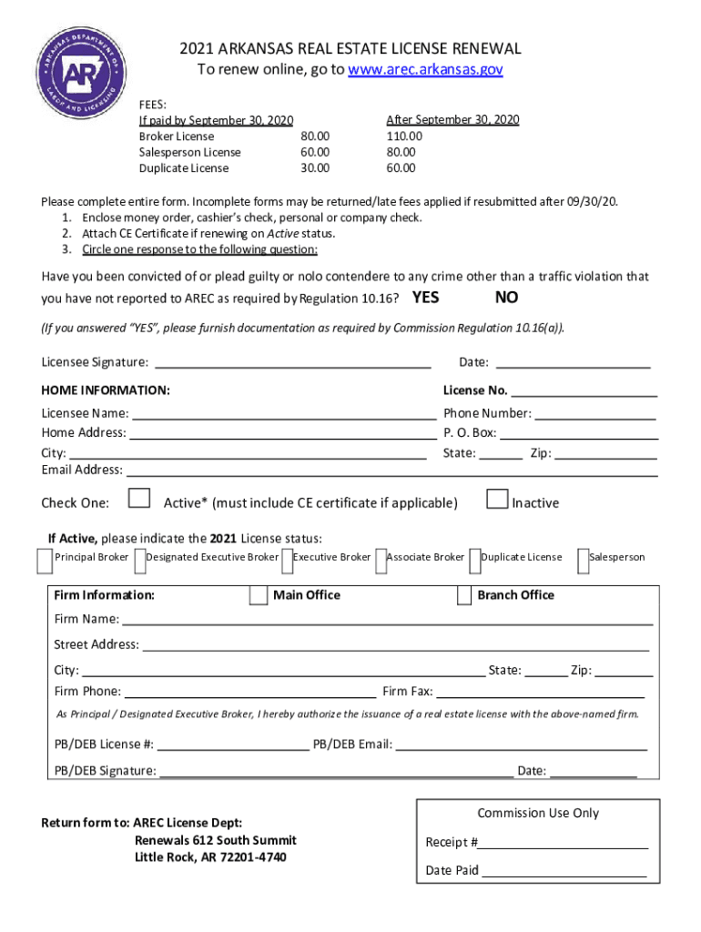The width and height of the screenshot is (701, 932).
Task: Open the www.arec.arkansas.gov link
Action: pyautogui.click(x=425, y=70)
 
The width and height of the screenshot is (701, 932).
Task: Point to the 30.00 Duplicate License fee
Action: pyautogui.click(x=315, y=168)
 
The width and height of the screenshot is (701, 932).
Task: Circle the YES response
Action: pyautogui.click(x=425, y=298)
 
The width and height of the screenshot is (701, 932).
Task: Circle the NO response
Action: pyautogui.click(x=507, y=298)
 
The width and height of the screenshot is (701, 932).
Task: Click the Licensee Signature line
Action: pyautogui.click(x=293, y=363)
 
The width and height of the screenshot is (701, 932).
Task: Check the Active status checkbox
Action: pyautogui.click(x=139, y=499)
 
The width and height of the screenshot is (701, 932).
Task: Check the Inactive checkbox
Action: pyautogui.click(x=497, y=499)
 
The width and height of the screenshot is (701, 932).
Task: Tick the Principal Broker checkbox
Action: pyautogui.click(x=45, y=562)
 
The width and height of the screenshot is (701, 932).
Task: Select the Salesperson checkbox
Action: pyautogui.click(x=583, y=562)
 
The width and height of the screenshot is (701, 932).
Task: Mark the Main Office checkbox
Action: pyautogui.click(x=258, y=595)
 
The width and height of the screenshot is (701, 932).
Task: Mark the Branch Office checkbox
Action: pyautogui.click(x=463, y=595)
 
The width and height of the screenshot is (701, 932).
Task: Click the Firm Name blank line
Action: pyautogui.click(x=387, y=621)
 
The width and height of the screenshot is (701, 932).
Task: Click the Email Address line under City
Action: pyautogui.click(x=391, y=471)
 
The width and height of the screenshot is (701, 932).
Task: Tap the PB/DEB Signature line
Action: pyautogui.click(x=335, y=773)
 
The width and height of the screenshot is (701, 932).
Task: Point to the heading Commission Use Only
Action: pyautogui.click(x=538, y=813)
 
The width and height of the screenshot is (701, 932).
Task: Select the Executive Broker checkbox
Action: pyautogui.click(x=288, y=562)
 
